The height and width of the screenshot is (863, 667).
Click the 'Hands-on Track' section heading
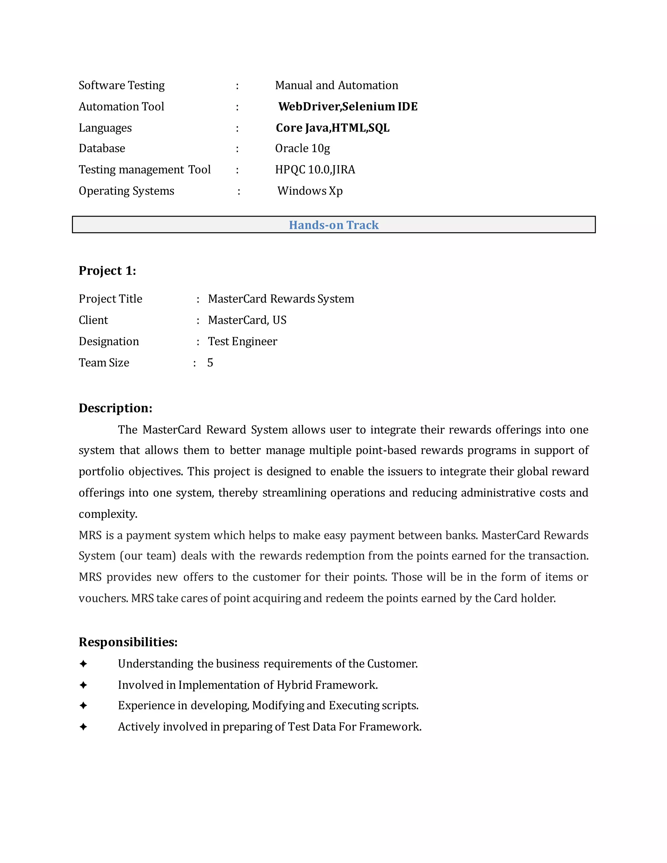[x=333, y=225]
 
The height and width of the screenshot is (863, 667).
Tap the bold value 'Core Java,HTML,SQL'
[x=332, y=128]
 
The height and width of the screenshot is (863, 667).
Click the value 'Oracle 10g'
[x=302, y=148]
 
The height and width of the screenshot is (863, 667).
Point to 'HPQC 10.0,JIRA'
[x=315, y=170]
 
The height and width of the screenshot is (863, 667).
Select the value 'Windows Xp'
[x=310, y=191]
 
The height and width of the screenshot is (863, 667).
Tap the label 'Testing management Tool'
[x=144, y=170]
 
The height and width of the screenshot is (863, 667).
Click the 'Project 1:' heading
[x=107, y=271]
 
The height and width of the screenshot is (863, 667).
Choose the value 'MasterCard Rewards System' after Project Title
[x=281, y=299]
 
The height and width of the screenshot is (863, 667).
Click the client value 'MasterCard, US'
[x=247, y=320]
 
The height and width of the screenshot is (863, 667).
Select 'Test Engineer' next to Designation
[x=243, y=341]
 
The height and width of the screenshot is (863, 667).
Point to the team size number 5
[x=210, y=362]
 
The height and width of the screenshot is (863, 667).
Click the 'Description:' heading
[x=115, y=408]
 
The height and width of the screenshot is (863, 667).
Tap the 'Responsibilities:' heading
[x=128, y=642]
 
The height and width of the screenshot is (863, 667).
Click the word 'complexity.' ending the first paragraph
[x=108, y=514]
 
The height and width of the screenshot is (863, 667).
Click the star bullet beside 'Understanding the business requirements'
[x=83, y=664]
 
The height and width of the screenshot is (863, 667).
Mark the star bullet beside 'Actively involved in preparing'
[x=83, y=727]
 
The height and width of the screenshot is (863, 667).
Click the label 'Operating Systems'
[x=126, y=191]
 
